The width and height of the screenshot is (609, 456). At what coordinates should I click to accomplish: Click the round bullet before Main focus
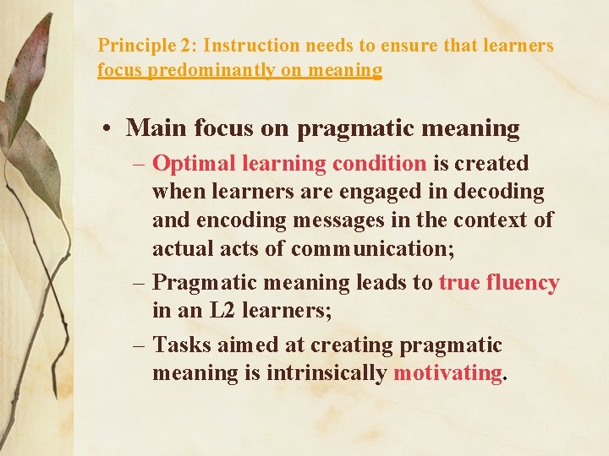point(109,128)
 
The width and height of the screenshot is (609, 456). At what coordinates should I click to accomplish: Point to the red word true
point(459,282)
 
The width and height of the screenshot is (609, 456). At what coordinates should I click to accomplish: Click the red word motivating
point(447,373)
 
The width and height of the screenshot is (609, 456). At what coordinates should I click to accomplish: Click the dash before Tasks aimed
point(140,345)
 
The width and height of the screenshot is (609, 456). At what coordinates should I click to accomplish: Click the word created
point(491,163)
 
